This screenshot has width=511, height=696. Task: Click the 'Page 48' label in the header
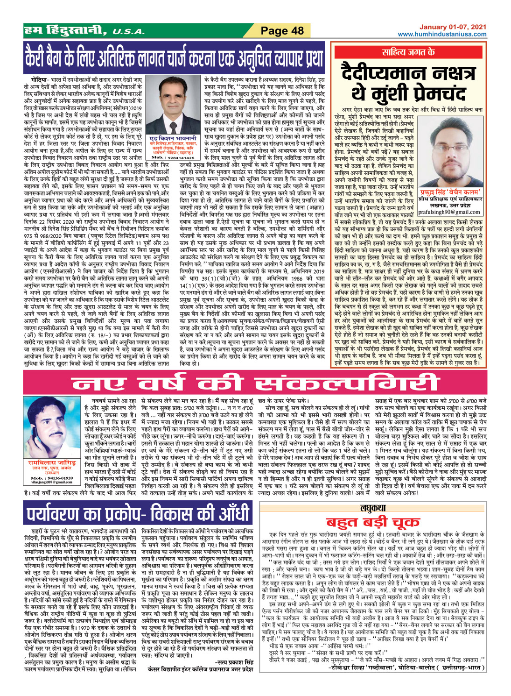click(x=282, y=31)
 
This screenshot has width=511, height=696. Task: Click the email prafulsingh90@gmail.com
click(x=448, y=212)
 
